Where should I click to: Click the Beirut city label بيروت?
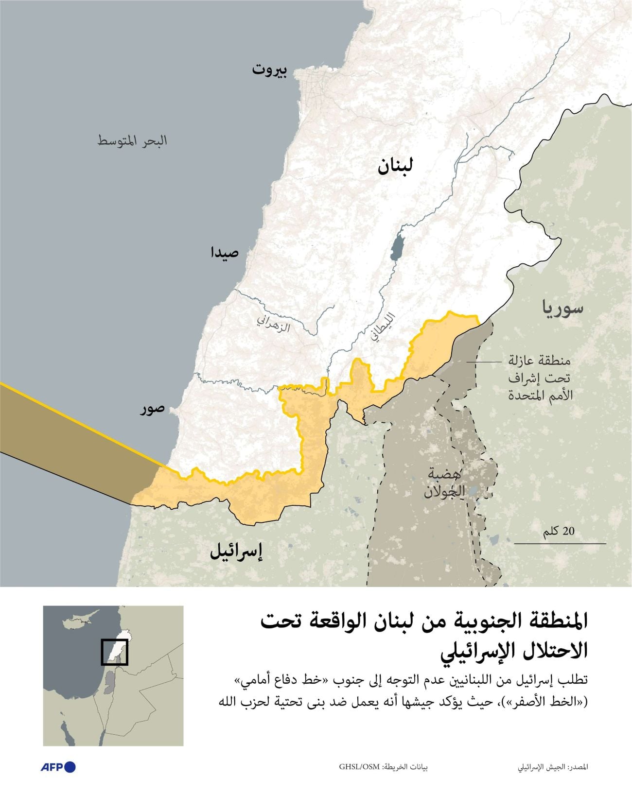pyautogui.click(x=269, y=70)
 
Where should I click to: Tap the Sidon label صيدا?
pyautogui.click(x=224, y=253)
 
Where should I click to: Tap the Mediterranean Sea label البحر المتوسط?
pyautogui.click(x=132, y=141)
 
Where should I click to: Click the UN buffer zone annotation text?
pyautogui.click(x=540, y=378)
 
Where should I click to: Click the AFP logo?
pyautogui.click(x=58, y=767)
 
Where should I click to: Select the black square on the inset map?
pyautogui.click(x=114, y=652)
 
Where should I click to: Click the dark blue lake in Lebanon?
pyautogui.click(x=397, y=247)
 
